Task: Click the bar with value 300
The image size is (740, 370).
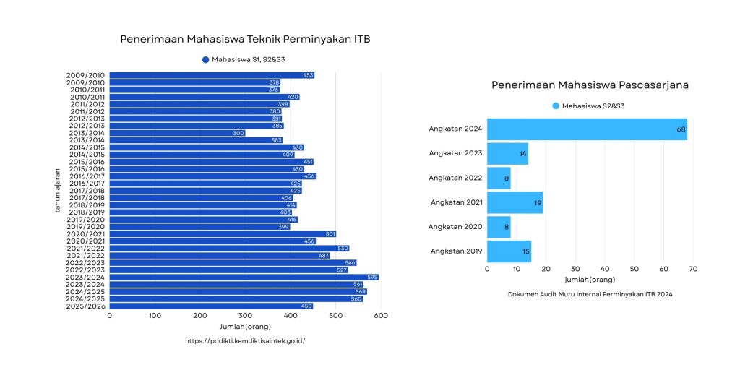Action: (x=177, y=133)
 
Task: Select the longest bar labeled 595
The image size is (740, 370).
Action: (x=244, y=277)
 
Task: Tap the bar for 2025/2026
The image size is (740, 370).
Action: (x=211, y=306)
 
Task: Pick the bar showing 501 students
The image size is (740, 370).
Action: (x=223, y=233)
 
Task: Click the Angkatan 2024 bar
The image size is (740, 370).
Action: (x=586, y=129)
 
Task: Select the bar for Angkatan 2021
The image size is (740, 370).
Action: (x=515, y=202)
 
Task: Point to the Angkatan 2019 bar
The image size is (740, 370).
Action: (x=509, y=251)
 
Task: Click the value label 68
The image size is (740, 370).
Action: (x=681, y=129)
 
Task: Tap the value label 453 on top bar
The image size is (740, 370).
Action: (x=308, y=75)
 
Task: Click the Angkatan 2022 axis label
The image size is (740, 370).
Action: (x=455, y=178)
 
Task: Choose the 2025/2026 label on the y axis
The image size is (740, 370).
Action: (x=85, y=306)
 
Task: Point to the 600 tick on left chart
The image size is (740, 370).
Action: (x=381, y=316)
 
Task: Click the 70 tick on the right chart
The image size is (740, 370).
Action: (x=693, y=269)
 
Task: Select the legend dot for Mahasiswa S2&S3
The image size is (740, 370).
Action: (x=556, y=106)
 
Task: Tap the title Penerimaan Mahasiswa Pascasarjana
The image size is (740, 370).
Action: (x=590, y=85)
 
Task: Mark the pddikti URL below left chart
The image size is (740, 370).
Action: (x=245, y=340)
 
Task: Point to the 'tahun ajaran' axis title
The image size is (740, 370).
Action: (x=57, y=190)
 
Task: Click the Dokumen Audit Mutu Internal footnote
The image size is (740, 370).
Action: (x=590, y=294)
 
